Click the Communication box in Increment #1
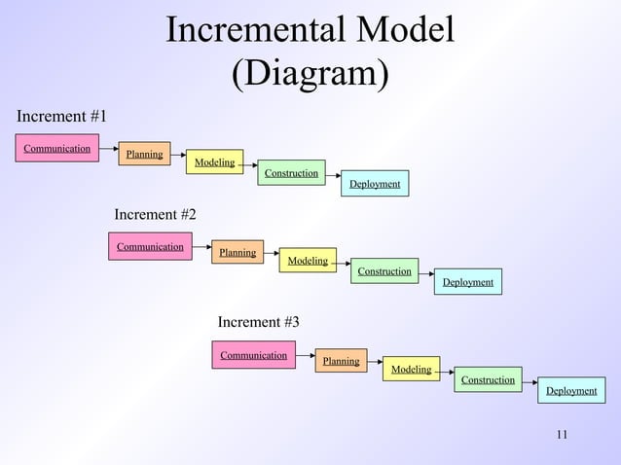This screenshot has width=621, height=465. coord(56,148)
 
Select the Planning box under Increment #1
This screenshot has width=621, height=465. coord(144,154)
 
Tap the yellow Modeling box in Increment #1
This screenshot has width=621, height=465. coord(214,161)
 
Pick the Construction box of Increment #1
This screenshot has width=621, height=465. coord(291,173)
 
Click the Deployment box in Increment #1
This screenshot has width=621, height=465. coord(375,184)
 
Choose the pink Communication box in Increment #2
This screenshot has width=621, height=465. coord(150,246)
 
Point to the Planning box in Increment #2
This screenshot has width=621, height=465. coord(237,252)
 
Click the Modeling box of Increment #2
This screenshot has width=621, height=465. coord(308,260)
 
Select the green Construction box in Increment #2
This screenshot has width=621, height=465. coord(384,270)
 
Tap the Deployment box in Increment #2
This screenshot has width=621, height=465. coord(467,282)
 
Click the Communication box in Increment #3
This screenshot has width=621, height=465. coord(253,355)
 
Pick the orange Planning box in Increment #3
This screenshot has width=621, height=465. coord(341,361)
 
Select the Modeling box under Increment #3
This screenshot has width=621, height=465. coord(411,369)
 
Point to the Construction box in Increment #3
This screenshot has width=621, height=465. coord(488,379)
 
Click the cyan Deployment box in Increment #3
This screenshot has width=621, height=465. coord(571,390)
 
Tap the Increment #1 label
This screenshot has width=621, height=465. coord(62,117)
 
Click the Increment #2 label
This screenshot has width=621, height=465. coord(156,214)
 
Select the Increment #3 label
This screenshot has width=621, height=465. coord(259,321)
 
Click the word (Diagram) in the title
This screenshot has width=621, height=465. coord(310,74)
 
